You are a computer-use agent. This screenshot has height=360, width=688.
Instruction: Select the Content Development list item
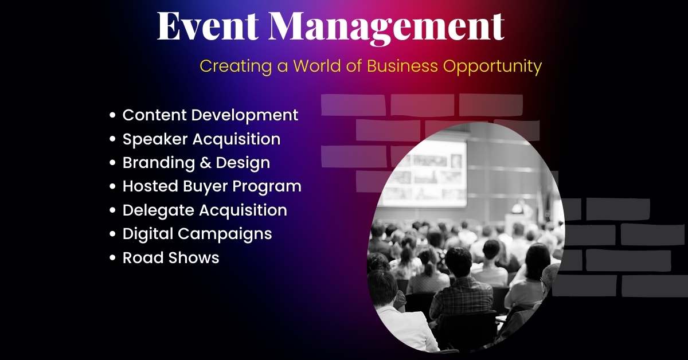210,115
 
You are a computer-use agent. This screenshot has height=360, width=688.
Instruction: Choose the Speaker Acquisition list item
201,139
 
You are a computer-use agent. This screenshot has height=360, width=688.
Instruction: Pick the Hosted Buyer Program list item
212,186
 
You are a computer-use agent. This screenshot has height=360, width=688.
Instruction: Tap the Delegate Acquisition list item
205,210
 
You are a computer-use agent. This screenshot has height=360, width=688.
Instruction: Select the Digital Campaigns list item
197,234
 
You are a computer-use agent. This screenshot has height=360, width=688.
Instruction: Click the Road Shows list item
171,258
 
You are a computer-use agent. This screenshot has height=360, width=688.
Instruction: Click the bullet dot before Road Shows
113,259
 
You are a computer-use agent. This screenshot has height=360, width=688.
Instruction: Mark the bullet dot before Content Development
113,116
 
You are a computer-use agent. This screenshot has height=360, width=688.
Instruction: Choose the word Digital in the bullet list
147,234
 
